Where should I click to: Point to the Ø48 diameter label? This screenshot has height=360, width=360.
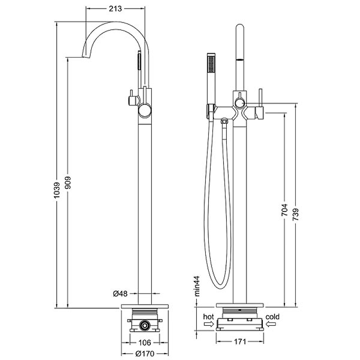click(120, 293)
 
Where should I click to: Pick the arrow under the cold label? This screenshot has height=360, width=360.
click(271, 324)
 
